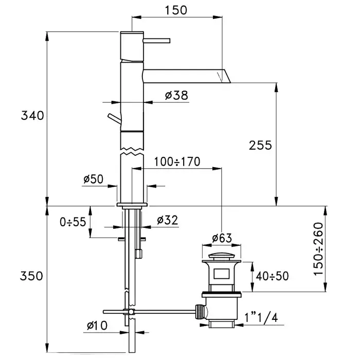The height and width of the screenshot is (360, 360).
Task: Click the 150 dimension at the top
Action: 176,10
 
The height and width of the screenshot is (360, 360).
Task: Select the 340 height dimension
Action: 32,115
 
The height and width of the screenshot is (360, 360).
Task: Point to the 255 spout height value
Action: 260,145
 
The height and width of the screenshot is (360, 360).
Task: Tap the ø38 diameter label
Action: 176,95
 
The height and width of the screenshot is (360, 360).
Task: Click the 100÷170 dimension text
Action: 177,161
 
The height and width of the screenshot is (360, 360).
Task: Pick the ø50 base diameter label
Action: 94,179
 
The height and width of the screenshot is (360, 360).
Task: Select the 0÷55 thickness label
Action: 73,222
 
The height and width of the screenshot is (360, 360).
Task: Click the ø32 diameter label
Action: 167,220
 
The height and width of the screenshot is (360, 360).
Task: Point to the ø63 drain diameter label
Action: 222,238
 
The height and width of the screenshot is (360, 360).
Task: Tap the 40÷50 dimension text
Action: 272,276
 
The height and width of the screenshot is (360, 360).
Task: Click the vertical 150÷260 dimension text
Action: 318,249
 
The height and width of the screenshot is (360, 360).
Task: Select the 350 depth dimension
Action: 31,276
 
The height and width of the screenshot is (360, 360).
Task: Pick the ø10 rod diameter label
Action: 97,326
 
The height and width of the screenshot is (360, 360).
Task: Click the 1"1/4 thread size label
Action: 261,318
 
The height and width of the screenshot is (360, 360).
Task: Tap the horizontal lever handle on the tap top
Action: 156,41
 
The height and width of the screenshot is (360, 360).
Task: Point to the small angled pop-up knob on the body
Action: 114,119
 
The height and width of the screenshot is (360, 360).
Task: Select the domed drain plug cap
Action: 222,256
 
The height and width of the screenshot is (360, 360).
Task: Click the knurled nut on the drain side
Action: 199,311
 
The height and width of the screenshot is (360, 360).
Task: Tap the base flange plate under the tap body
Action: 132,205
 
